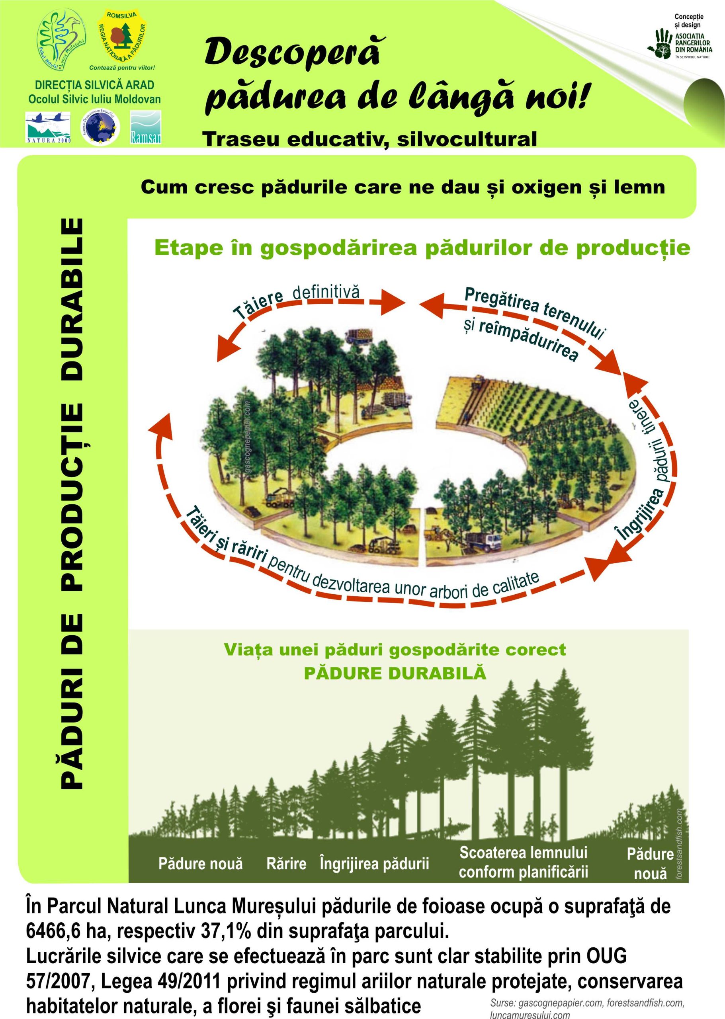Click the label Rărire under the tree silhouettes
tap(286, 876)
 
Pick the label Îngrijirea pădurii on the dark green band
tap(374, 876)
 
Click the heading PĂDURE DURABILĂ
tap(395, 673)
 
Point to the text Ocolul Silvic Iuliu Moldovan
tap(95, 99)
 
